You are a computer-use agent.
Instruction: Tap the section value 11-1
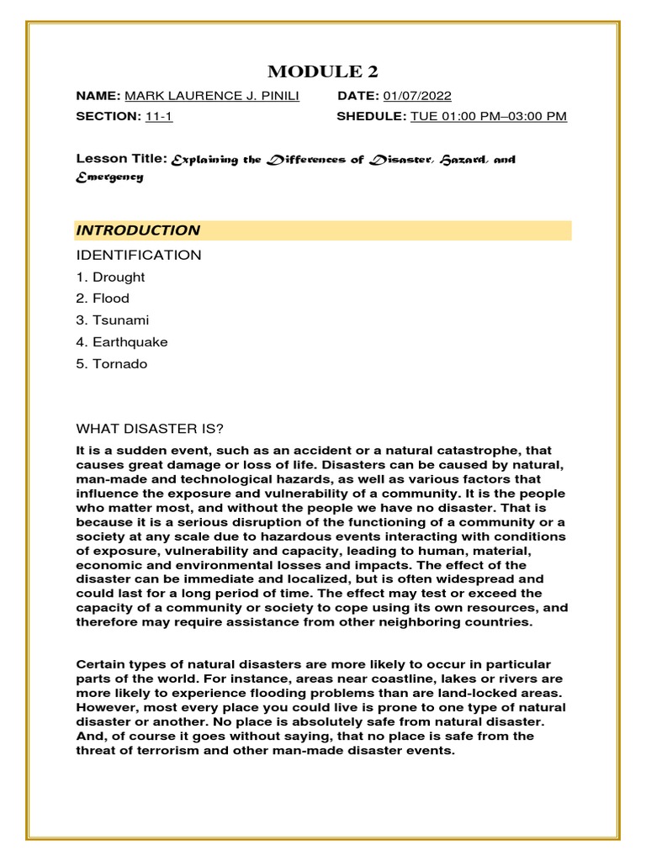pyautogui.click(x=158, y=116)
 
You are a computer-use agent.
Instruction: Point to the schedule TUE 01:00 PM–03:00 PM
pyautogui.click(x=489, y=116)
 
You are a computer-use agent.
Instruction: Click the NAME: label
pyautogui.click(x=98, y=96)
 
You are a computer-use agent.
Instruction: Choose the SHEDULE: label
pyautogui.click(x=371, y=116)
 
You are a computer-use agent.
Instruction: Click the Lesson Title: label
pyautogui.click(x=121, y=158)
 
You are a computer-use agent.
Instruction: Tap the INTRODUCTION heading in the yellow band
pyautogui.click(x=138, y=230)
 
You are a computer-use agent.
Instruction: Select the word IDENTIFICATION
pyautogui.click(x=139, y=255)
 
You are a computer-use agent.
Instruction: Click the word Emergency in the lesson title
pyautogui.click(x=109, y=177)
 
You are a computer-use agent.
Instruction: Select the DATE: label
pyautogui.click(x=358, y=96)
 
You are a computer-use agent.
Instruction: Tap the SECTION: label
pyautogui.click(x=108, y=116)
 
